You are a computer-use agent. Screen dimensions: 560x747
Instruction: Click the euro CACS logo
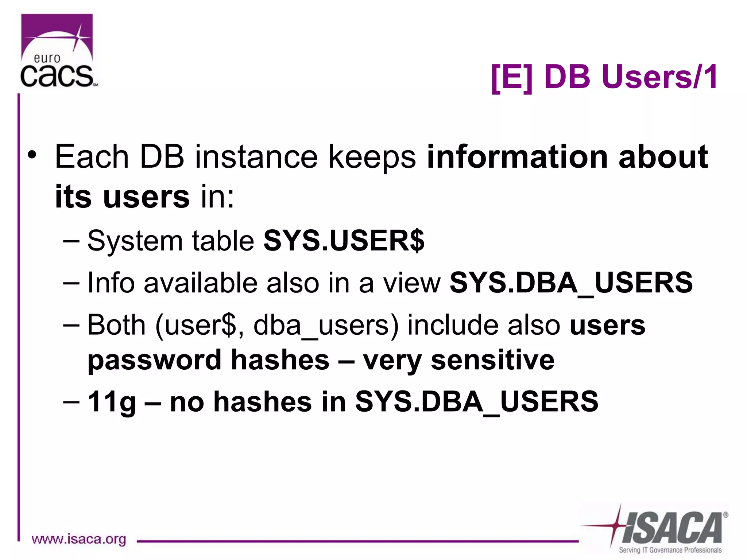click(x=58, y=51)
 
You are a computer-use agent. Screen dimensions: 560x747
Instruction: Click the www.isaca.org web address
click(x=79, y=539)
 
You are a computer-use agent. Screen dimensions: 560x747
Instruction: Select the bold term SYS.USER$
click(x=344, y=241)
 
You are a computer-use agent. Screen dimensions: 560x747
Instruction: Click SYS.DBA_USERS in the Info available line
click(x=571, y=283)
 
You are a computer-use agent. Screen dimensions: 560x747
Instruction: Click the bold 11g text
click(x=112, y=402)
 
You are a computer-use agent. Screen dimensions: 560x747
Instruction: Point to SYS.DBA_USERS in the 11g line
click(x=477, y=402)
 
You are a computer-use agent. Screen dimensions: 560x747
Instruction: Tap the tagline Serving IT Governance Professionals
click(x=670, y=550)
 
